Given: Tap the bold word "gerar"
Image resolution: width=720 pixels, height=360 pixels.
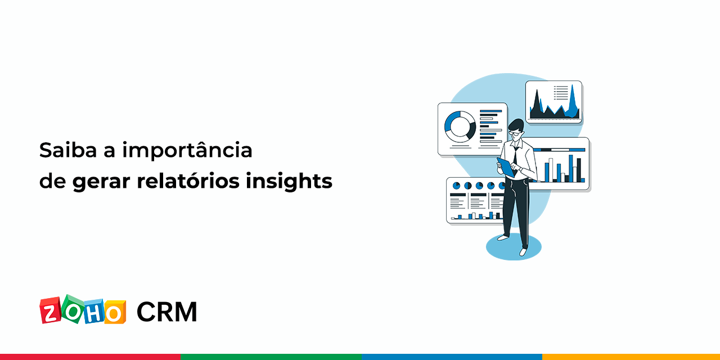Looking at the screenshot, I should point(102,182).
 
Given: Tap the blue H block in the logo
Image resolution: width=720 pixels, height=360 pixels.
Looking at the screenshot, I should point(94,312).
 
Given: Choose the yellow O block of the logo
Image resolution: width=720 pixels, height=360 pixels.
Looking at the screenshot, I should point(115,313).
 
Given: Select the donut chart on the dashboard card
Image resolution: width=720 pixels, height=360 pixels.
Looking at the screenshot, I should point(460,125).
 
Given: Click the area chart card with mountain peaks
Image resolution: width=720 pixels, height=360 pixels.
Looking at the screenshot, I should point(553,101).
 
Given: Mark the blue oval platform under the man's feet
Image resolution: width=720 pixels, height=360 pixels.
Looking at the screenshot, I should point(513,247).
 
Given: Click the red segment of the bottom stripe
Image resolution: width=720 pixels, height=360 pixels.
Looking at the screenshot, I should point(90,357).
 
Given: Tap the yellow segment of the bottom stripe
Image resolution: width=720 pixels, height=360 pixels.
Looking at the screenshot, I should point(631,357).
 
